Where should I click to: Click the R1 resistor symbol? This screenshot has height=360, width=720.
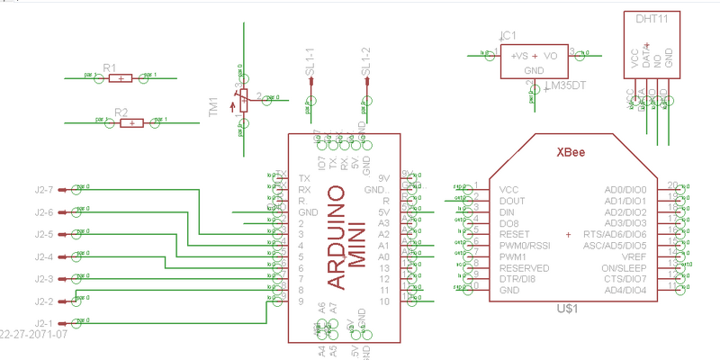coord(120,78)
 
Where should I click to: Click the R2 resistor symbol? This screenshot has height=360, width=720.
coord(131,123)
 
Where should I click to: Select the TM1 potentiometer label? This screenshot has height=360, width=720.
coord(213,107)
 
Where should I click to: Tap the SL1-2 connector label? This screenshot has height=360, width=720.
coord(365,61)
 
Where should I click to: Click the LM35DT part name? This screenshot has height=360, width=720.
coord(566,86)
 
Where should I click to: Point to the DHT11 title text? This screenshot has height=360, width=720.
coord(651,18)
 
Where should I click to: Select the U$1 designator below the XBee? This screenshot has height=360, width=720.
coord(568,309)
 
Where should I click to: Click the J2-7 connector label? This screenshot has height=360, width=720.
coord(44,190)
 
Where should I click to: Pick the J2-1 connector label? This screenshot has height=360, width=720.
coord(44,323)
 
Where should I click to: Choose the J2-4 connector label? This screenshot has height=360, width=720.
coord(44,257)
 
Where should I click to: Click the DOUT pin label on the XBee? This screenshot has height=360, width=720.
coord(512,201)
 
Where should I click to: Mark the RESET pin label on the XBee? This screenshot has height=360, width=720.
coord(515,234)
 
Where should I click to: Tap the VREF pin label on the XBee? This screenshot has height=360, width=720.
coord(634,256)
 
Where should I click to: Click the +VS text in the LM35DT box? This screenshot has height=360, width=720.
coord(521,55)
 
